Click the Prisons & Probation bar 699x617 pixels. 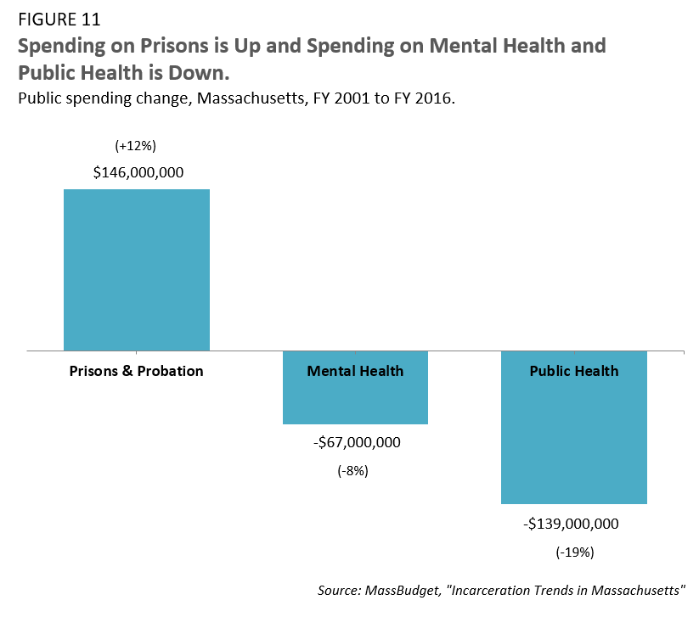(137, 269)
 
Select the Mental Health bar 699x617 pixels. (355, 399)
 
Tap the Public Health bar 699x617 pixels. (574, 441)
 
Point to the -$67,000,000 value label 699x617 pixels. (355, 442)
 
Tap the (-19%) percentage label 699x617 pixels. (575, 552)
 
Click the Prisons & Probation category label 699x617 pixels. (137, 371)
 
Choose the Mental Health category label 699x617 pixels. (355, 371)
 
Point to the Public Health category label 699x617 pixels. (574, 371)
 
